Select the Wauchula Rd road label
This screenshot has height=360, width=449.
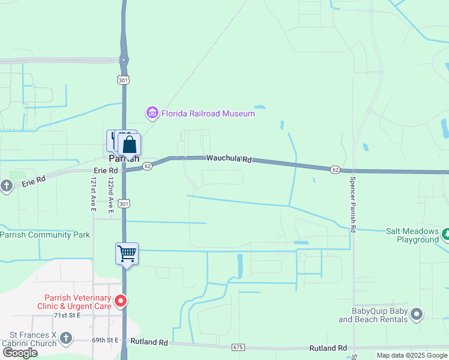(x=229, y=159)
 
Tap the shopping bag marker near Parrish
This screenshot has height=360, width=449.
(x=129, y=145)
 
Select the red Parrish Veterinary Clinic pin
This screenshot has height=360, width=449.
(x=121, y=301)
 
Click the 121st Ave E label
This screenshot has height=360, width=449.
(x=94, y=194)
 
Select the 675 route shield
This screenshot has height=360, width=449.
(x=238, y=347)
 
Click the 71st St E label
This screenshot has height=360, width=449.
(x=67, y=315)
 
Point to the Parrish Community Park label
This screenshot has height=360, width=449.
(x=45, y=235)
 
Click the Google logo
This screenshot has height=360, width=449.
(x=20, y=353)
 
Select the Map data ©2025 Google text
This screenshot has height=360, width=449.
(x=412, y=355)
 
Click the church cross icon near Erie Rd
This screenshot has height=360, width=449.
(x=7, y=185)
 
